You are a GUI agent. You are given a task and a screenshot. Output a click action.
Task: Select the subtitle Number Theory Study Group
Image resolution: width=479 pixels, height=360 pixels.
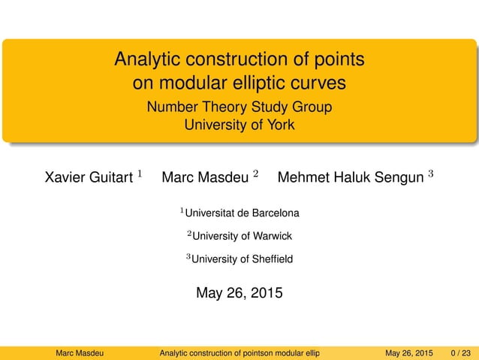tap(239, 107)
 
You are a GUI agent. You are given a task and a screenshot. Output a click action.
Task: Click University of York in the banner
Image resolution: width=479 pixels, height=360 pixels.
tap(239, 125)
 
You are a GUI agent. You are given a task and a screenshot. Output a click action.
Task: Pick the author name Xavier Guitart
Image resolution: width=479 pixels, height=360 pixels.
tap(87, 178)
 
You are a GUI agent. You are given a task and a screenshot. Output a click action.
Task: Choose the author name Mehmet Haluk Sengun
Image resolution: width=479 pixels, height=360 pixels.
tap(350, 178)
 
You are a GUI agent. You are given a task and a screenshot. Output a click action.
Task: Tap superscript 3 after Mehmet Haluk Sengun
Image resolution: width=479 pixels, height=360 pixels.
tap(430, 175)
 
